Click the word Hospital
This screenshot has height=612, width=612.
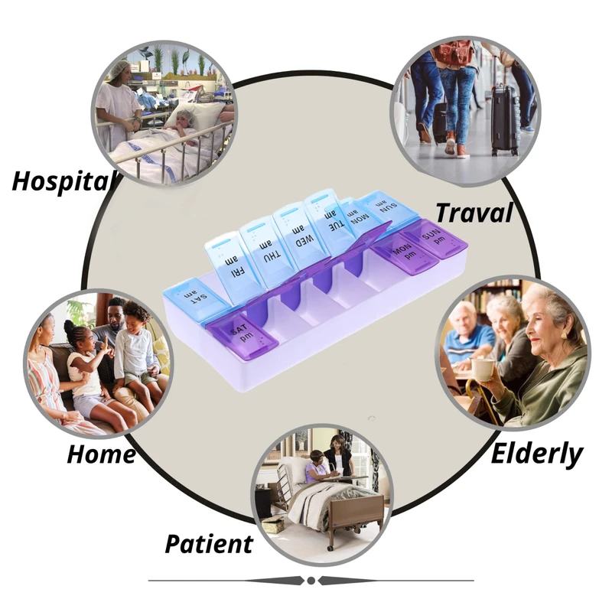pyautogui.click(x=63, y=181)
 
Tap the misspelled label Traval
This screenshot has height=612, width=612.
pyautogui.click(x=474, y=213)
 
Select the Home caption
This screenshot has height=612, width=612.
pyautogui.click(x=101, y=454)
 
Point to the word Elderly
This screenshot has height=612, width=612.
pyautogui.click(x=536, y=454)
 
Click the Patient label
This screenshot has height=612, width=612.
pyautogui.click(x=209, y=544)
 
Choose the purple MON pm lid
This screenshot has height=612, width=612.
pyautogui.click(x=404, y=252)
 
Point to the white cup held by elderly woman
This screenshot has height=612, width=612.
pyautogui.click(x=483, y=369)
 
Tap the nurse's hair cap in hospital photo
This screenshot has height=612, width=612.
pyautogui.click(x=116, y=70)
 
